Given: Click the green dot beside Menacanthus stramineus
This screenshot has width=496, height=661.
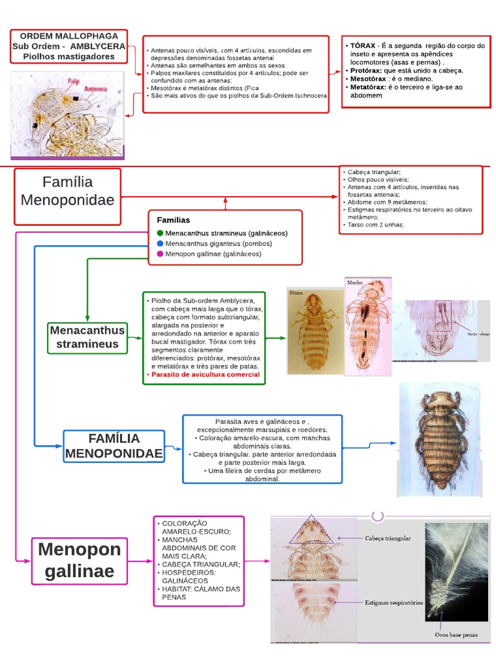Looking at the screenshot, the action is click(160, 233).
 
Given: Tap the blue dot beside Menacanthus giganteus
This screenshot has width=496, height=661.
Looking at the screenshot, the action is click(160, 243).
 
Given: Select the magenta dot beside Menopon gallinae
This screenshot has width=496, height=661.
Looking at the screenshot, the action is click(160, 254).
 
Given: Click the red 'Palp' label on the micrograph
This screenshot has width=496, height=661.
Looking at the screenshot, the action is click(74, 81).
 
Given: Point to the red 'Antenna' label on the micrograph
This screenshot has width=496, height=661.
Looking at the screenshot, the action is click(94, 89).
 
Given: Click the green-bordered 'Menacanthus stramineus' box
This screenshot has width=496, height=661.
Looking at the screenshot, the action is click(87, 338).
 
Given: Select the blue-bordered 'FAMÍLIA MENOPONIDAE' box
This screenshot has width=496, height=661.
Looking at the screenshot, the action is click(113, 446).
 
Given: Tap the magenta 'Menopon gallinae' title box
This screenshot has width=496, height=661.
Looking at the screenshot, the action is click(79, 560).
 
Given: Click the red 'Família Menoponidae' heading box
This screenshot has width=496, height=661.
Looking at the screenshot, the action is click(67, 191).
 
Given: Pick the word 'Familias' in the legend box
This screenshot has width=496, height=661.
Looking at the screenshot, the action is click(173, 220).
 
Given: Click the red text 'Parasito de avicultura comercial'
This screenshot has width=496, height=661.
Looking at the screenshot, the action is click(205, 374).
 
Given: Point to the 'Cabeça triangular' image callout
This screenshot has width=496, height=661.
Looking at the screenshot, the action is click(387, 538).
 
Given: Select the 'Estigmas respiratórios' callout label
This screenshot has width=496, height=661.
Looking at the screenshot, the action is click(393, 603).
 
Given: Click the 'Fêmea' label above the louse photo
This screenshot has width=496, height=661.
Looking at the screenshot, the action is click(296, 292).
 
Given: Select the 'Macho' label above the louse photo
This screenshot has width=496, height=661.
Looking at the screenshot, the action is click(355, 283).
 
